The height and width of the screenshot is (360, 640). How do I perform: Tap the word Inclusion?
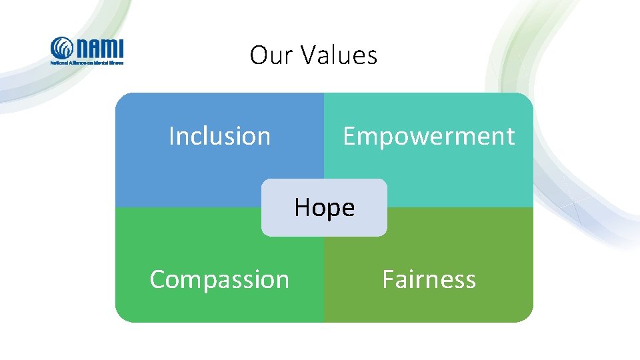(x=219, y=136)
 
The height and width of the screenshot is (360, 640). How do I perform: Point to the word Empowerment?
(x=429, y=136)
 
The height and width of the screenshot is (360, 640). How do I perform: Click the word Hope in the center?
(x=324, y=208)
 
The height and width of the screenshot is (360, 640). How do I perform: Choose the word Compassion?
(x=219, y=279)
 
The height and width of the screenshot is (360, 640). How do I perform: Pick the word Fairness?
(x=429, y=279)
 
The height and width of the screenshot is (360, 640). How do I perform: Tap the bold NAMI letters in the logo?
(x=99, y=47)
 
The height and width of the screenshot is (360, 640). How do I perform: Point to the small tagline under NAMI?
(x=87, y=62)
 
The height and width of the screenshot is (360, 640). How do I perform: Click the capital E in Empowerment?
(x=349, y=136)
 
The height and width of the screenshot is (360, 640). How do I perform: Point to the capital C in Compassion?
(x=157, y=279)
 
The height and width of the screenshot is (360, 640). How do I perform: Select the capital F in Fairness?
(x=387, y=279)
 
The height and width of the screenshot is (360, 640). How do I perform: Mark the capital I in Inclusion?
(x=171, y=136)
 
